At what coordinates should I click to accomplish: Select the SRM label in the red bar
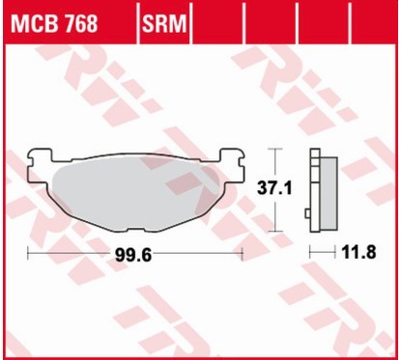pyautogui.click(x=164, y=21)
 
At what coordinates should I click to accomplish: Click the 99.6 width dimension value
pyautogui.click(x=132, y=256)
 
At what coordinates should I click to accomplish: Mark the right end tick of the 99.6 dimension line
pyautogui.click(x=240, y=255)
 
